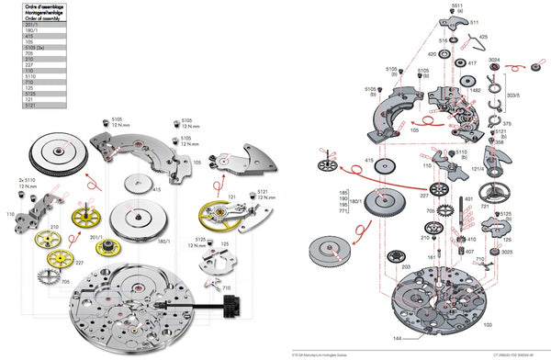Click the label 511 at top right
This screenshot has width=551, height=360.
[474, 21]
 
